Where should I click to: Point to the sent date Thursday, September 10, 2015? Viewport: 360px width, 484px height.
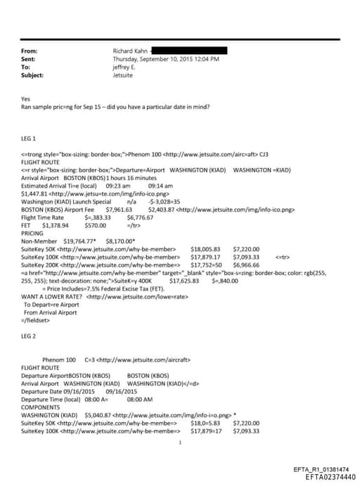[x=166, y=59]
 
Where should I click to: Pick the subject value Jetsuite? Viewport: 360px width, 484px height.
[x=123, y=75]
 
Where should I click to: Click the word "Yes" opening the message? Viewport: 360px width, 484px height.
[x=26, y=99]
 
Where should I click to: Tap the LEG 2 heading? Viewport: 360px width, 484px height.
[x=30, y=336]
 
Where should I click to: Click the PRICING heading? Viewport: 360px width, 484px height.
[x=32, y=232]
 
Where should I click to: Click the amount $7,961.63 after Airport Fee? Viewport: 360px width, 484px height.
[x=119, y=210]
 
